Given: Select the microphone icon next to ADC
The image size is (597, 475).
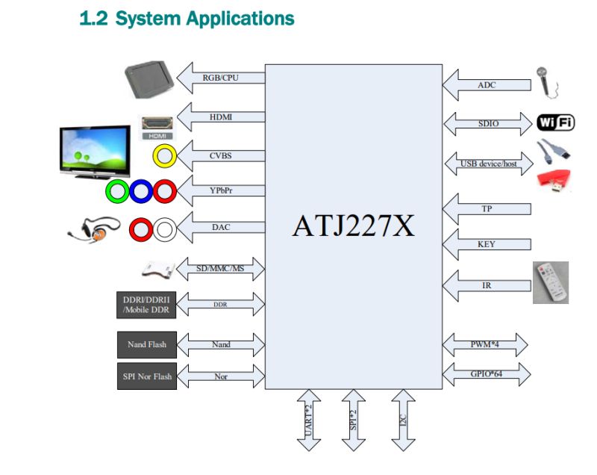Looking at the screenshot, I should tap(545, 81).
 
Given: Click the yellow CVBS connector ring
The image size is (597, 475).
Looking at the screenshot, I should tap(164, 155).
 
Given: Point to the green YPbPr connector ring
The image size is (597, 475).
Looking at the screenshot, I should tap(117, 192).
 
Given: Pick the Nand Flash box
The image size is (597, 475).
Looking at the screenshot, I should tap(147, 344).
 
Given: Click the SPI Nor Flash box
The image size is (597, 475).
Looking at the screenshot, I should tap(147, 376).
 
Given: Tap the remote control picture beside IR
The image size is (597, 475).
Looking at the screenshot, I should tap(551, 282).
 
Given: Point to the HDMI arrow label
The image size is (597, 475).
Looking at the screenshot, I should tap(222, 117).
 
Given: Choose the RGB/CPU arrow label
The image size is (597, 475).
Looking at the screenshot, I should tap(221, 78).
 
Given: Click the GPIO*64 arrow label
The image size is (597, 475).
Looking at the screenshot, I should tap(485, 373).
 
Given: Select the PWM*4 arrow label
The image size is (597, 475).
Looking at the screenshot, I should tap(485, 345).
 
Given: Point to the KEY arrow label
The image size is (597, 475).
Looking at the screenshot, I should tap(486, 244).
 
